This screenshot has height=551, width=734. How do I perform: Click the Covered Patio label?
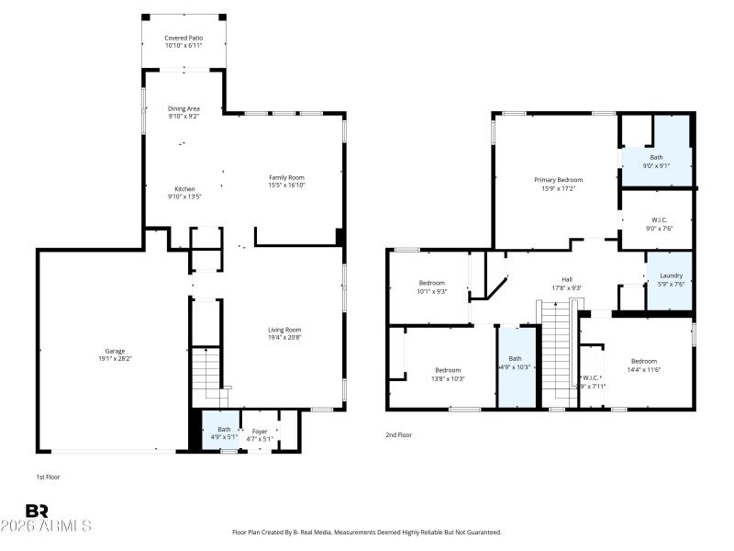click(x=183, y=38)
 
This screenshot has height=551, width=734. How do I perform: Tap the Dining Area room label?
click(x=183, y=109)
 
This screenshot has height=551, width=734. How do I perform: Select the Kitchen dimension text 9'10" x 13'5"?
click(x=183, y=197)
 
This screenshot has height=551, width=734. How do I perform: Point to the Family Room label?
click(x=286, y=177)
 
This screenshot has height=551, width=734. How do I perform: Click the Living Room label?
click(x=284, y=330)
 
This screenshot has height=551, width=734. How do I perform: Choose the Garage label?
click(x=115, y=352)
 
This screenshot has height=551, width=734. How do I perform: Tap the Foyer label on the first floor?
click(x=261, y=430)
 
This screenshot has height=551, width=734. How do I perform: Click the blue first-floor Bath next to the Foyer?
click(x=224, y=432)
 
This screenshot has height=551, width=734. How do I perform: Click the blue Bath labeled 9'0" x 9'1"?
click(x=656, y=161)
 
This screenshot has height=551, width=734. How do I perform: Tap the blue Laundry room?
click(x=671, y=279)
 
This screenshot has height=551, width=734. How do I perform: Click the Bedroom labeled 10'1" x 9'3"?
click(x=432, y=287)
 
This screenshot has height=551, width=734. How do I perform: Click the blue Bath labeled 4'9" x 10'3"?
click(x=515, y=363)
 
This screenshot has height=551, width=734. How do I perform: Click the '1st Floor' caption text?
click(x=47, y=478)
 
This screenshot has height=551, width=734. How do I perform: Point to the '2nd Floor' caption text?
click(x=399, y=433)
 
